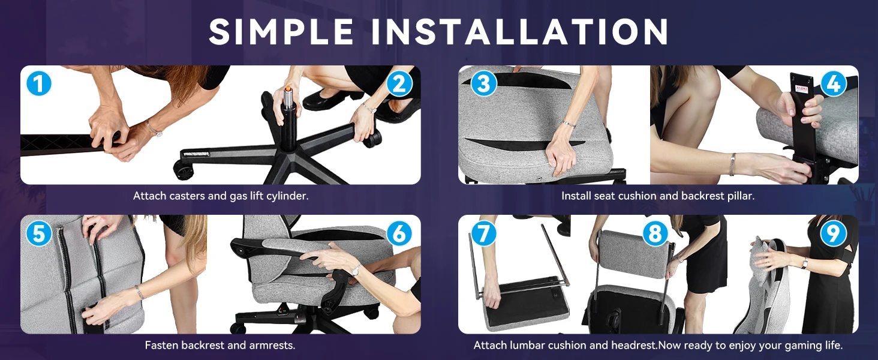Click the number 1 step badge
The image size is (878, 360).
pyautogui.click(x=39, y=83)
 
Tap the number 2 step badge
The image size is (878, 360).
pyautogui.click(x=399, y=83)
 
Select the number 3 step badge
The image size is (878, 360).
pyautogui.click(x=484, y=83)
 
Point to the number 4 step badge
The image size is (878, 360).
pyautogui.click(x=833, y=83)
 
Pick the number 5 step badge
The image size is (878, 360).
pyautogui.click(x=39, y=233)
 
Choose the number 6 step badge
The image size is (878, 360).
pyautogui.click(x=399, y=233)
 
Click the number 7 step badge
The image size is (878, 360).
pyautogui.click(x=484, y=233)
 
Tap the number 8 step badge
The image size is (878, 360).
pyautogui.click(x=655, y=233)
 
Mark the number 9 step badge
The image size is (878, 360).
pyautogui.click(x=833, y=233)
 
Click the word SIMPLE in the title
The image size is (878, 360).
pyautogui.click(x=281, y=31)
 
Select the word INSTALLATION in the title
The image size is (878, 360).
pyautogui.click(x=520, y=31)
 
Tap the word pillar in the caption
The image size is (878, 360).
pyautogui.click(x=741, y=196)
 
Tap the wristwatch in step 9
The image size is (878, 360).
pyautogui.click(x=805, y=263)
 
